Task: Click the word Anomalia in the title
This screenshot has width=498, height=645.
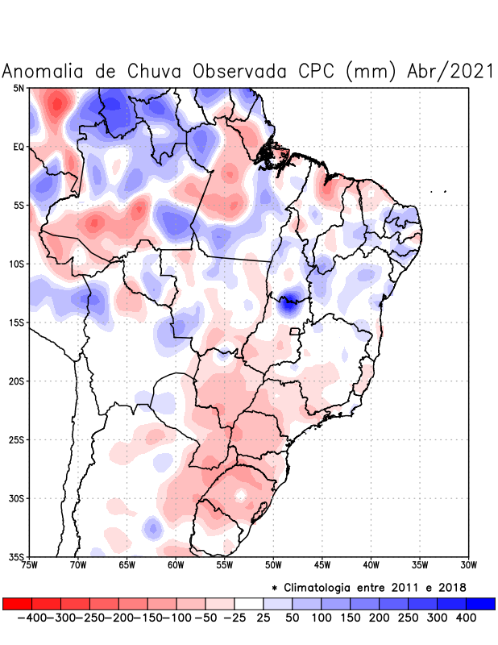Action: click(44, 71)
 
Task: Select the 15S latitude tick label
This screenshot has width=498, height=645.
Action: click(17, 322)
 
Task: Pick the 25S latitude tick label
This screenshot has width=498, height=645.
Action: click(17, 439)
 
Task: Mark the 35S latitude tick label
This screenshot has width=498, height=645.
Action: click(17, 556)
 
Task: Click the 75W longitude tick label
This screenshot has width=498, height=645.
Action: click(30, 564)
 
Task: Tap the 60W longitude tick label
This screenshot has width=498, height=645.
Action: click(176, 564)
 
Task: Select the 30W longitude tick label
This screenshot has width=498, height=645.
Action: click(468, 564)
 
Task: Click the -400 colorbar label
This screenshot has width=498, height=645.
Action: click(31, 618)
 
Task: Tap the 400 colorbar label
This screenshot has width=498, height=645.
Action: click(466, 618)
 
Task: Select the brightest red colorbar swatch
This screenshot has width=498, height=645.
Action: click(17, 604)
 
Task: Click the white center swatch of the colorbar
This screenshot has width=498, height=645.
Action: click(249, 604)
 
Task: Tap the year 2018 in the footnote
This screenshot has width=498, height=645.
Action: click(451, 587)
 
